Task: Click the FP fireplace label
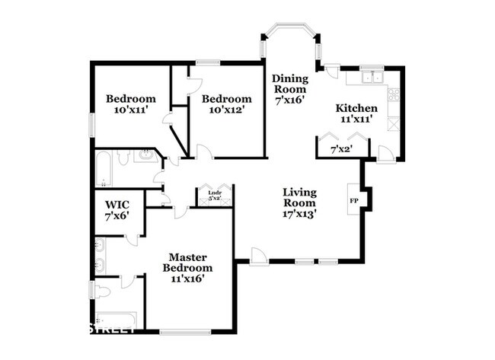pos(353,201)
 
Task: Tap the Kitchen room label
pos(356,108)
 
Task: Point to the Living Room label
pos(299,197)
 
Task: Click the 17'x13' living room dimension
pos(299,214)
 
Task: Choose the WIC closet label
pos(117,205)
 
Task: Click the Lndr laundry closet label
pos(215,193)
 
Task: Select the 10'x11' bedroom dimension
pos(130,110)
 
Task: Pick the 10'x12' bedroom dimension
pos(226,110)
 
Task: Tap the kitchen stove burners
pos(394,95)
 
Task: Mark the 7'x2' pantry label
pos(340,150)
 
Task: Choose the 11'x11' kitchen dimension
pos(356,119)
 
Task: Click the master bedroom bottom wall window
pos(185,332)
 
